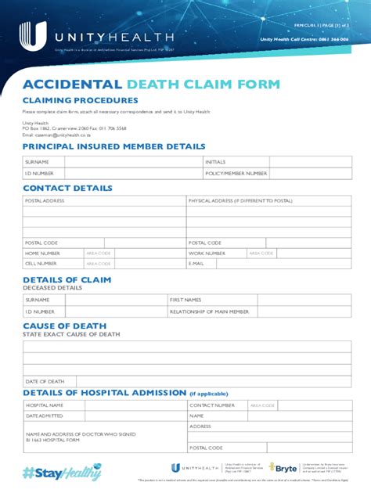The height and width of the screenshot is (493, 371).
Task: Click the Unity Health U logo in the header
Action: coord(28,35)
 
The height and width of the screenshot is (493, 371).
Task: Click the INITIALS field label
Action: coord(215,162)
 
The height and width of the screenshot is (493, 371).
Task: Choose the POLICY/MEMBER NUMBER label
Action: coord(232,173)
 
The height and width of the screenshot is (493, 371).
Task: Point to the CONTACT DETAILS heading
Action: coord(67,189)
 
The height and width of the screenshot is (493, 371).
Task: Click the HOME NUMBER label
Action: coord(42,254)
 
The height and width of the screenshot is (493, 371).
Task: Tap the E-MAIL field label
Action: coord(196,264)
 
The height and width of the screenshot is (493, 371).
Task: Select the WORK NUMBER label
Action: coord(207,254)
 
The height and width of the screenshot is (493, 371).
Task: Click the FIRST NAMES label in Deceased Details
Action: coord(185,300)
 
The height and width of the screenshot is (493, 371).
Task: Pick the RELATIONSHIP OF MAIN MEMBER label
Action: coord(209,311)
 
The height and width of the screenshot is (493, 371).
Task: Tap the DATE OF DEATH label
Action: coord(44,381)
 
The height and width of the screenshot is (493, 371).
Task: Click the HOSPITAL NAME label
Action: coord(45,405)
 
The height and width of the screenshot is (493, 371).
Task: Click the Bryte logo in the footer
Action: coord(283,467)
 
